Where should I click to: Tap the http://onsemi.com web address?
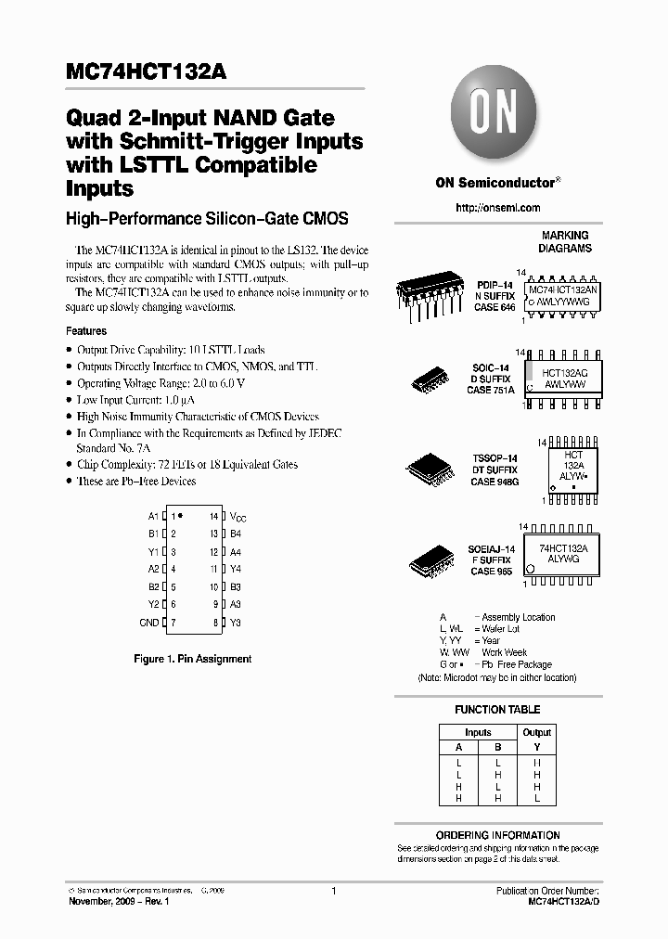pos(497,208)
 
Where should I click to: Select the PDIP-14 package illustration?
pos(430,296)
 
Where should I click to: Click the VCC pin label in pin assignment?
pos(238,516)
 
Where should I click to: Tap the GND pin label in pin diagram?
pos(148,623)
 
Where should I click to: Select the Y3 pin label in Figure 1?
pos(236,623)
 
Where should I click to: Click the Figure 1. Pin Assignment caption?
pos(193,659)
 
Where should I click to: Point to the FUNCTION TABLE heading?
pos(497,710)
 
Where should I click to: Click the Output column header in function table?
pos(536,732)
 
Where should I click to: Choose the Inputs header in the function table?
pos(478,732)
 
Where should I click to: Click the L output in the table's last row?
pos(536,798)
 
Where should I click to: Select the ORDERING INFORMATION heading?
pos(497,835)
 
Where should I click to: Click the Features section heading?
pos(86,331)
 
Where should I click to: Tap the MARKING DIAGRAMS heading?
pos(565,242)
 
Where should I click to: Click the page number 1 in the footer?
pos(333,891)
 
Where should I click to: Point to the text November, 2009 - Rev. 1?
pos(120,902)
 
